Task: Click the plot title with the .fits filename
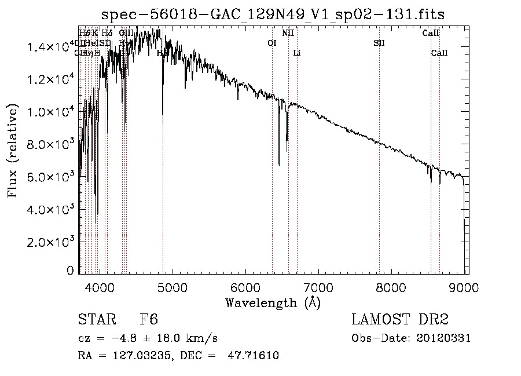coord(273,14)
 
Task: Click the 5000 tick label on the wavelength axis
coord(171,286)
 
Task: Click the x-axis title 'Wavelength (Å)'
coord(273,302)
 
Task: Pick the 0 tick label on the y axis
coord(70,271)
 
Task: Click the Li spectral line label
coord(297,53)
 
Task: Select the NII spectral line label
coord(288,33)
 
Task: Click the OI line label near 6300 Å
coord(272,43)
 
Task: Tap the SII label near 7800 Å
coord(379,43)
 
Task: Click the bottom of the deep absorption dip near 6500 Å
coord(280,165)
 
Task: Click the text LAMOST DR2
coord(399,320)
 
